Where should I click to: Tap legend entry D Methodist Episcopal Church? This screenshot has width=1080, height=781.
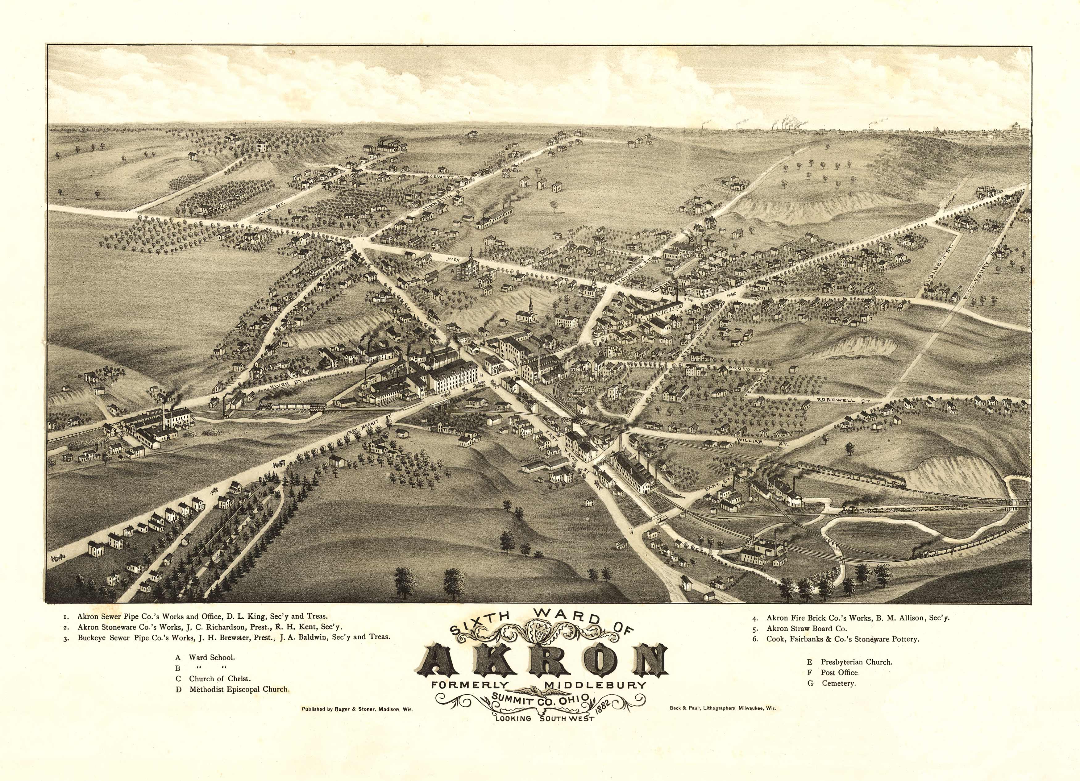pos(233,689)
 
